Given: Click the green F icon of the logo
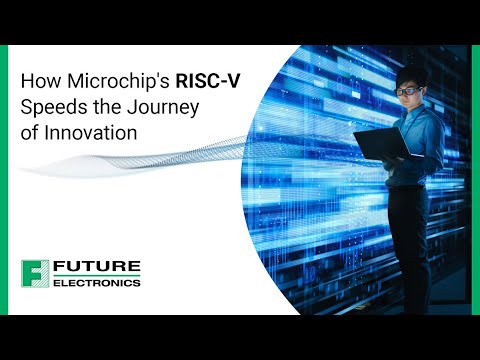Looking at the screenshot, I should [x=36, y=273].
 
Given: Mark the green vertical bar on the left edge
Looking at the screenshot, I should [x=5, y=180].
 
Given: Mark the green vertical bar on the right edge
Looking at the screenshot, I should [x=475, y=180].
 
